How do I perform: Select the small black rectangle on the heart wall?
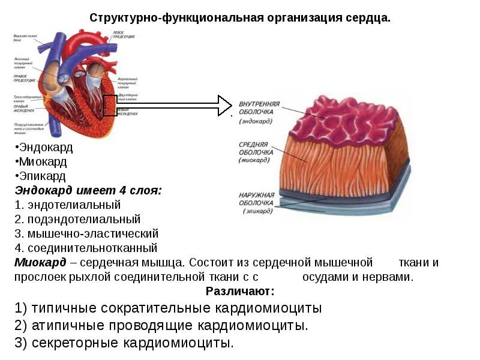click(x=110, y=106)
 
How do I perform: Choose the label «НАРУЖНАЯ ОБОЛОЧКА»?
click(x=256, y=199)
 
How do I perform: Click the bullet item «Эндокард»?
click(x=44, y=147)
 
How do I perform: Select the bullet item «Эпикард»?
click(x=41, y=176)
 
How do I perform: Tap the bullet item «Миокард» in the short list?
click(x=42, y=161)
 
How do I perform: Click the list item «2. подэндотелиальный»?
click(x=77, y=219)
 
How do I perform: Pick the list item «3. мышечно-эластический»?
click(x=86, y=233)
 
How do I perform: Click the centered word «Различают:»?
click(x=239, y=292)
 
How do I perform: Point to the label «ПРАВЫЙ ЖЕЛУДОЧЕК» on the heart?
click(x=24, y=109)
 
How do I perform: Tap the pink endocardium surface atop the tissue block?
click(x=348, y=120)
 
